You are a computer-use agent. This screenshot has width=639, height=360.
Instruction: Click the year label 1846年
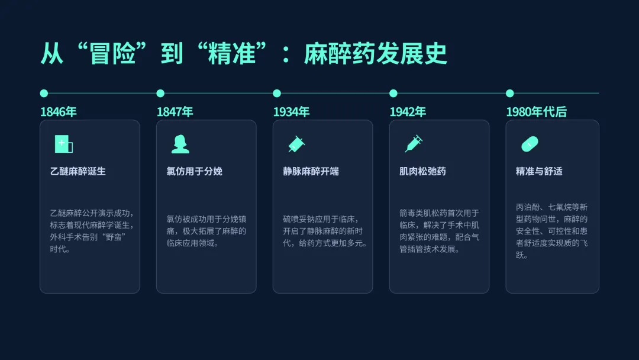(58, 112)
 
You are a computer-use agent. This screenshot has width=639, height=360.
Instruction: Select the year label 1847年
(175, 112)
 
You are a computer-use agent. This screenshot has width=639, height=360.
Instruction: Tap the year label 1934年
(291, 112)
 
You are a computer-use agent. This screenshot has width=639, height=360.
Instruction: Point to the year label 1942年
(408, 112)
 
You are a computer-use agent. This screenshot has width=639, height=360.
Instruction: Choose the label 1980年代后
(536, 112)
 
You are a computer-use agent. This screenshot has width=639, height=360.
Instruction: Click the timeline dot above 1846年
(44, 93)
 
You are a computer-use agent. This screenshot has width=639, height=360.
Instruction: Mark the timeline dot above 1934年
(277, 93)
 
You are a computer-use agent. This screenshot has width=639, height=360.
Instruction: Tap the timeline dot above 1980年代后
(510, 93)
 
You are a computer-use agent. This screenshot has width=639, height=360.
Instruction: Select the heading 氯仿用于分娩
(194, 171)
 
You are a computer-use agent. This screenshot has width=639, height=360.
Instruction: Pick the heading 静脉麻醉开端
(311, 171)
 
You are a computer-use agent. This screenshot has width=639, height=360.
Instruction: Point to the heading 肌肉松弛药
(422, 171)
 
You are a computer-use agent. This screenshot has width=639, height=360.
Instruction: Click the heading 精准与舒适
(539, 171)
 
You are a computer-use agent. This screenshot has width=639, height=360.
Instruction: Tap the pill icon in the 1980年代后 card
(530, 143)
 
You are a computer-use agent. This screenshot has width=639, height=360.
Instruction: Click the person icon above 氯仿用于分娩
(180, 144)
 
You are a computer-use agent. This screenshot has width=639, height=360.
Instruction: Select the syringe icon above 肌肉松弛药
(414, 143)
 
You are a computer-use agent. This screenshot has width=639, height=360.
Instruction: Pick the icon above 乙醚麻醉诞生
(63, 144)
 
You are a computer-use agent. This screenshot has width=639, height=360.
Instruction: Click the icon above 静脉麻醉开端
(296, 143)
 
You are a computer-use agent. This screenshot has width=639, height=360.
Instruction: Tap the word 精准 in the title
(231, 53)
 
